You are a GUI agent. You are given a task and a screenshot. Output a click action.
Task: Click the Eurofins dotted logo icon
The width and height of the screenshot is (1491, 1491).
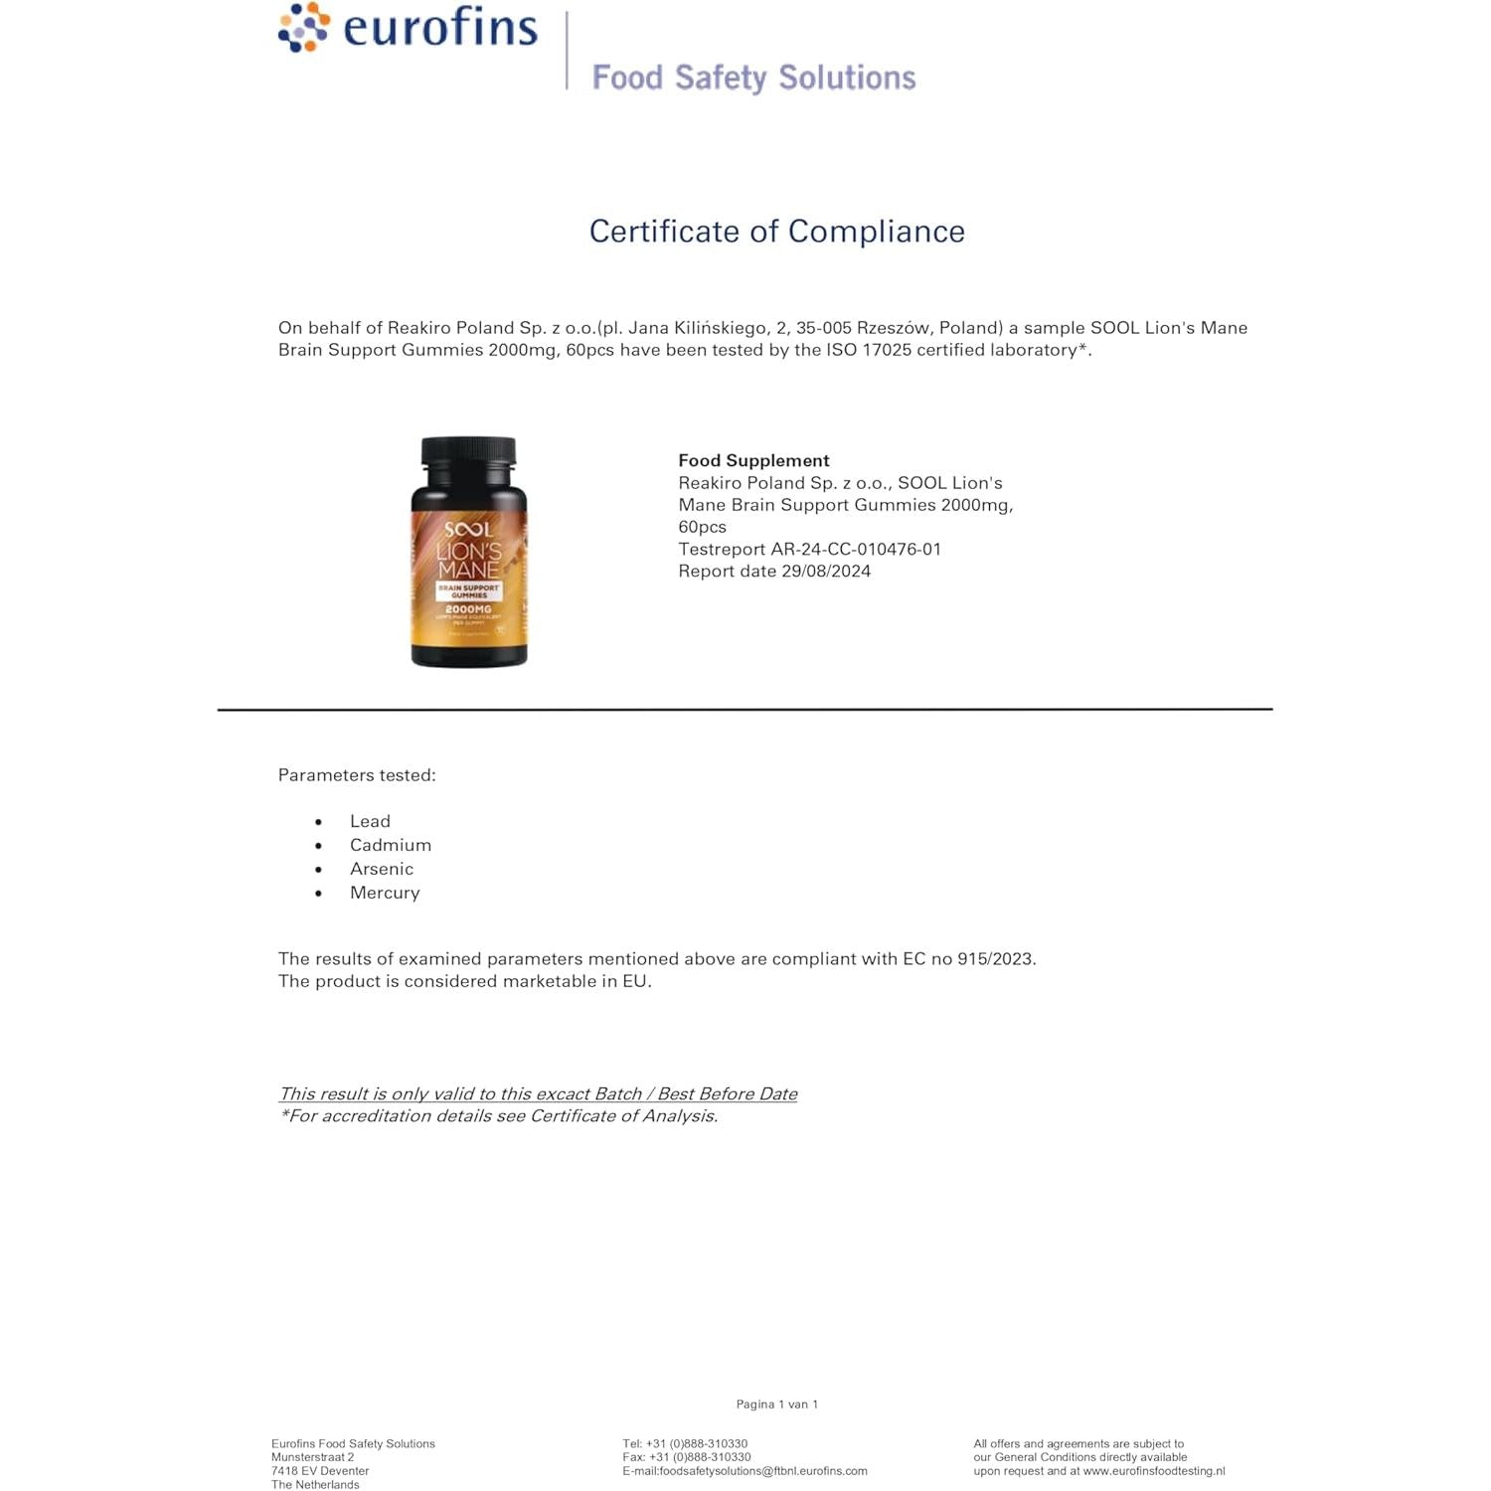coord(303,28)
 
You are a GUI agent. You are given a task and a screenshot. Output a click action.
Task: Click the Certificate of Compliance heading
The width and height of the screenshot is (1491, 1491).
coord(776,232)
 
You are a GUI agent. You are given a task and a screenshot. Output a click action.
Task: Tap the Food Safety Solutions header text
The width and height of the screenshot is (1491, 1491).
coord(753,78)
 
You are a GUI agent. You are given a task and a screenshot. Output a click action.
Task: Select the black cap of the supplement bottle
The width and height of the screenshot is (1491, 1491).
coord(468,452)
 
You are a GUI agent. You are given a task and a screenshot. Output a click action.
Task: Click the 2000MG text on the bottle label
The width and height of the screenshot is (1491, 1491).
coord(468,609)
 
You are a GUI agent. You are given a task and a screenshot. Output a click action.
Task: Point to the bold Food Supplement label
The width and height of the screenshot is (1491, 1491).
coord(753,460)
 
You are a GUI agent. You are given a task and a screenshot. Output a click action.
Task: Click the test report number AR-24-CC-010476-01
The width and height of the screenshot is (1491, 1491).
coord(856,549)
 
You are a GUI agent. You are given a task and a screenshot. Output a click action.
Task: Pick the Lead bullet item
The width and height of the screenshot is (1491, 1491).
coord(370,821)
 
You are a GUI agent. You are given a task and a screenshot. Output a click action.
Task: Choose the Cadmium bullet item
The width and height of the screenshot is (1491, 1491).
coord(391,845)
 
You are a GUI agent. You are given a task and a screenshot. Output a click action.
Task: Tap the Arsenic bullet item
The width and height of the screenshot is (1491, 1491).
coord(382,869)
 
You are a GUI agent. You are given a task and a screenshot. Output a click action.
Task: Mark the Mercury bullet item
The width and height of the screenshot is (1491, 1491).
coord(385,893)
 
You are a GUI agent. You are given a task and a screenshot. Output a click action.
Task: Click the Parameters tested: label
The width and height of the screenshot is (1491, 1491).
coord(357,775)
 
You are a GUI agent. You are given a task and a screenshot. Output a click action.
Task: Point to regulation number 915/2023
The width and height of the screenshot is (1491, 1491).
coord(995,959)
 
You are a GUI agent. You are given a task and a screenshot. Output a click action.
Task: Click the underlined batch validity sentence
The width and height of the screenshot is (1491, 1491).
coord(538,1093)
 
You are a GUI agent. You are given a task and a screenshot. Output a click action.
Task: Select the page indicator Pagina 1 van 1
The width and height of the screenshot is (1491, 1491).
coord(776,1405)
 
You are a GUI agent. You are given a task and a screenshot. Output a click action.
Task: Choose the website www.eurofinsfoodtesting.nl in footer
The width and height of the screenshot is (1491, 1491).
coord(1153,1471)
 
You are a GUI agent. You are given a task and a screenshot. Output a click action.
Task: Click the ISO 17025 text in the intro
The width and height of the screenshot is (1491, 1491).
coord(869,350)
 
